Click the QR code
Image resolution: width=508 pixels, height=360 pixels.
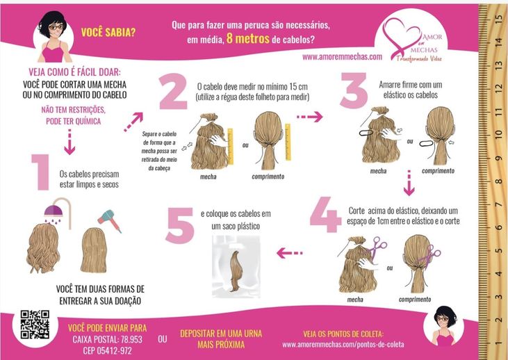[x=35, y=325]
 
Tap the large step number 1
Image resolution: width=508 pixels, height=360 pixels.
[x=41, y=172]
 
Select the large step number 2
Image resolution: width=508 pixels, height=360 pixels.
[x=173, y=91]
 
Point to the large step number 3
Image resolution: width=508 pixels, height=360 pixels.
[x=354, y=90]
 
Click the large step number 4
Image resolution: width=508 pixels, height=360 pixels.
[x=325, y=215]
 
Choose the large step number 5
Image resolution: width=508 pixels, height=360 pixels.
[x=180, y=225]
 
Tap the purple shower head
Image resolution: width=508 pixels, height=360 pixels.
[x=54, y=212]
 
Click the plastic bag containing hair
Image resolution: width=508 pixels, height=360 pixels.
[x=236, y=266]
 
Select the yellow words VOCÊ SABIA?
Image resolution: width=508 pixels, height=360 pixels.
[x=108, y=33]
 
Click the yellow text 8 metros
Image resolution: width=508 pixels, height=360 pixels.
[x=248, y=39]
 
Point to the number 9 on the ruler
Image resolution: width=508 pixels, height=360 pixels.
[x=499, y=158]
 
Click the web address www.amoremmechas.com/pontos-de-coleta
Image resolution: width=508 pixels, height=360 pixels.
[x=343, y=345]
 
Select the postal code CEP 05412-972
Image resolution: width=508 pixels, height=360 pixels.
[x=107, y=350]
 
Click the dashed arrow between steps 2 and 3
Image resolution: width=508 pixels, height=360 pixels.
[x=310, y=117]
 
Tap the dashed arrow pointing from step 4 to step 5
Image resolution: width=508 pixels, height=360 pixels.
[x=290, y=253]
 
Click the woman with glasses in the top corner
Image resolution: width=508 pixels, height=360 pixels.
[x=54, y=37]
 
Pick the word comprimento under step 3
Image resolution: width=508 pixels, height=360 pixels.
[x=438, y=171]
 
